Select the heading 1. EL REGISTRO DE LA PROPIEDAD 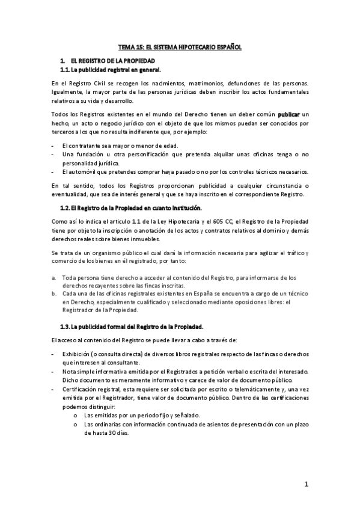(113, 61)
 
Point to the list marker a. (54, 277)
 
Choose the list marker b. (54, 293)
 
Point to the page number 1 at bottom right (306, 484)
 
